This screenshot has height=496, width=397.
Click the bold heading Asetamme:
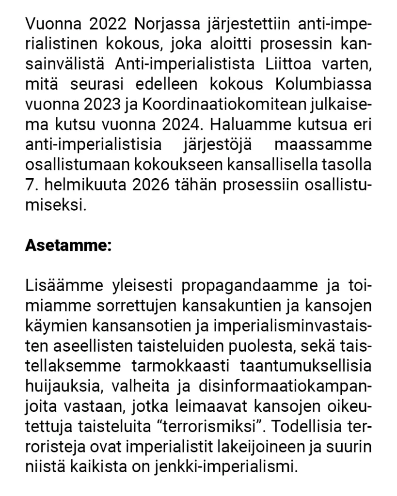(68, 245)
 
